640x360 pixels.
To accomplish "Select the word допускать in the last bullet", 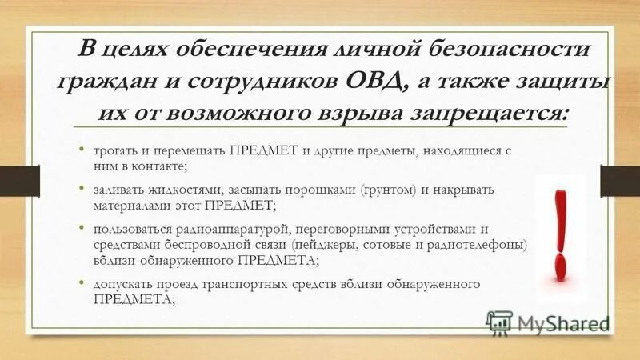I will coord(122,286).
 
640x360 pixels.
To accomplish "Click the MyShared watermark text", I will coord(563,323).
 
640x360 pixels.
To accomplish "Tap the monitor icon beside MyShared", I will coord(498,323).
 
